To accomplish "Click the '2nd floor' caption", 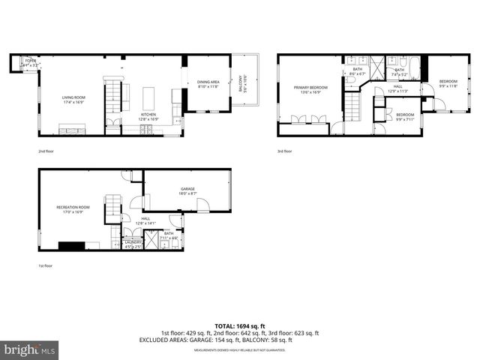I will pos(46,151).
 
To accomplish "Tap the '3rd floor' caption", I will pos(285,151).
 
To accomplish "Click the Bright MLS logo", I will pos(29,349).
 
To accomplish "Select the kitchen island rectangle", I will pos(148,97).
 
